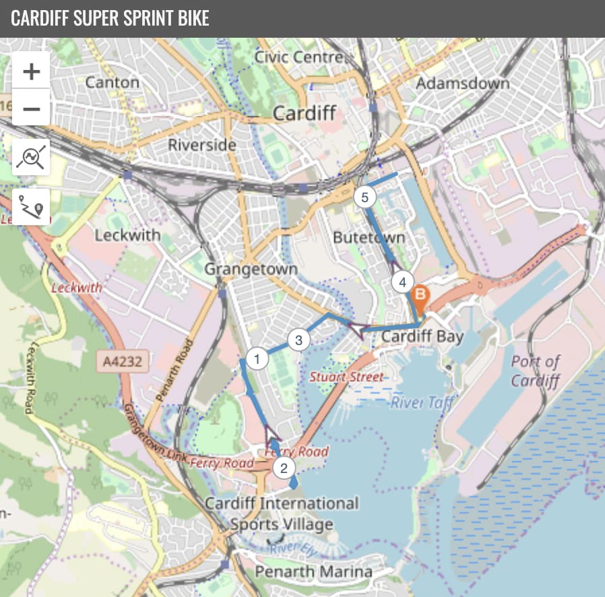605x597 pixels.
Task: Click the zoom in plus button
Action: pos(31,71)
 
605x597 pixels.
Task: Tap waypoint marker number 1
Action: pos(256,358)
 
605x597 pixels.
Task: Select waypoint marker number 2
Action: pos(284,468)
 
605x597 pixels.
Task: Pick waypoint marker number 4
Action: pos(402,282)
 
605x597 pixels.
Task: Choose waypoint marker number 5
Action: pos(364,197)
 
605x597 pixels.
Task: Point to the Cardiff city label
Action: pos(304,113)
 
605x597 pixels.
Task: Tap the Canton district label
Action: pos(113,82)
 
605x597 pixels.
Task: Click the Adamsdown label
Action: pos(463,84)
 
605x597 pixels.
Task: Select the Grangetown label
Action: pos(251,269)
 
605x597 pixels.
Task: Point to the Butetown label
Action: pos(369,237)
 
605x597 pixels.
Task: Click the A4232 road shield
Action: pos(123,362)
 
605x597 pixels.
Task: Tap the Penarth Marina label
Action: pos(313,571)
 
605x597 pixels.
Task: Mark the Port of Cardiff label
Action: pos(536,371)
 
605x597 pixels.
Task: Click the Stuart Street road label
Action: pos(346,377)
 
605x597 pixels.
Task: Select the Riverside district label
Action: pos(202,144)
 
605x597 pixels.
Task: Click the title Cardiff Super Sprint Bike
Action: pos(110,18)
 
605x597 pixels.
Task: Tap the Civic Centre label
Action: pos(298,57)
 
